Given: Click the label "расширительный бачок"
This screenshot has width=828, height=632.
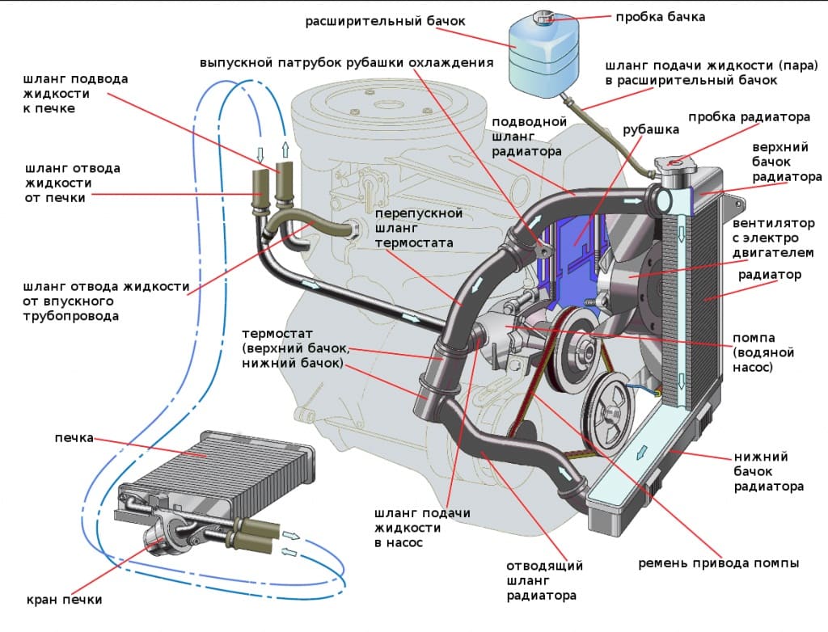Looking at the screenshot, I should click(385, 21).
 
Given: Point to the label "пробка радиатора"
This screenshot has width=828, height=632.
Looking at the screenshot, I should click(749, 117).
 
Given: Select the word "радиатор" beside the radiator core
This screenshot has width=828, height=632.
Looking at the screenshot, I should click(770, 275).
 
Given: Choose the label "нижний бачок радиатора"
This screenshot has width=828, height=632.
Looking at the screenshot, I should click(768, 471).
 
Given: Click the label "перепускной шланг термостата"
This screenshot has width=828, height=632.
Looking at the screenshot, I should click(419, 228).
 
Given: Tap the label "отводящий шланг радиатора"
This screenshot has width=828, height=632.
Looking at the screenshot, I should click(544, 580).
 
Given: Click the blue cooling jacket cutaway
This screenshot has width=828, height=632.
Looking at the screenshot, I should click(577, 242).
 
